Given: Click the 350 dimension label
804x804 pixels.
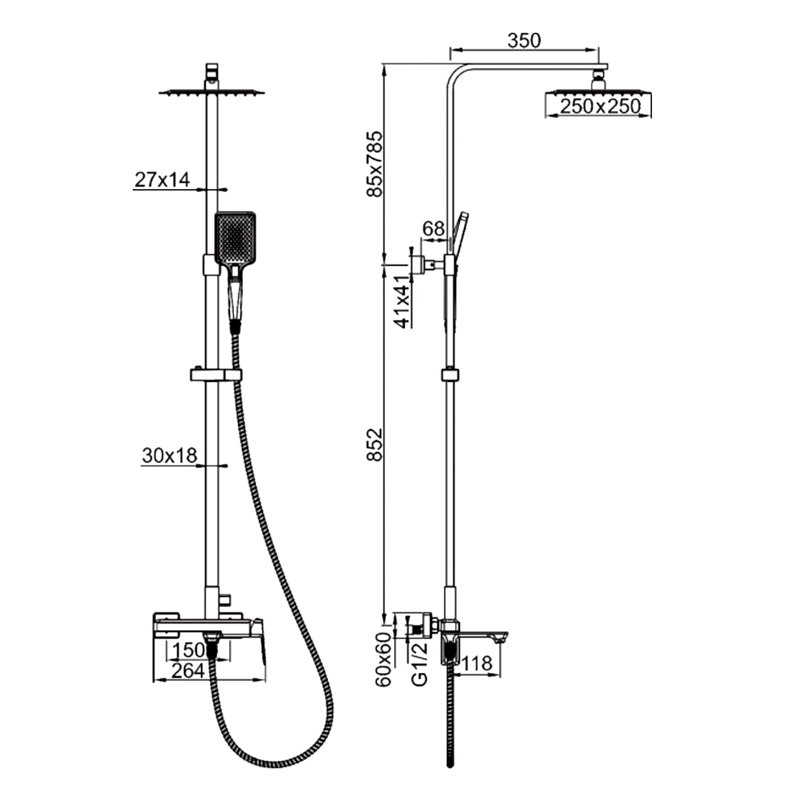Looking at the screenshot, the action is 524,40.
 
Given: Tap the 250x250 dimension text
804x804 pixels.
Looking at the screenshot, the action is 600,107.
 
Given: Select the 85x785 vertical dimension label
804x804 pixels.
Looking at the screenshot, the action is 375,164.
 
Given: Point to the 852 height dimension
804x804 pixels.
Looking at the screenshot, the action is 375,444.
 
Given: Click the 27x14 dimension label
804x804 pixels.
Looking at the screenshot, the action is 162,179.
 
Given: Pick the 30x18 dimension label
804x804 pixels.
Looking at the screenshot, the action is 169,455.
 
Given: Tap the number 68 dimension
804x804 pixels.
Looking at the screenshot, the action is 433,228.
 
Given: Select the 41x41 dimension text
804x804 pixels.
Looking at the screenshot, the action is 403,301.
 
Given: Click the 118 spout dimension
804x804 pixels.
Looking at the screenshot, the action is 477,663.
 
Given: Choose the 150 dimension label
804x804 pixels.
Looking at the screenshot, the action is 188,650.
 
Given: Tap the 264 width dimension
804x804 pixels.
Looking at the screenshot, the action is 187,671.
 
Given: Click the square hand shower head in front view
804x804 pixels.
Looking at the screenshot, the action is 235,238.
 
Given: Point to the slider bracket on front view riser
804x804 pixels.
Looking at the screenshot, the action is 215,375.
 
